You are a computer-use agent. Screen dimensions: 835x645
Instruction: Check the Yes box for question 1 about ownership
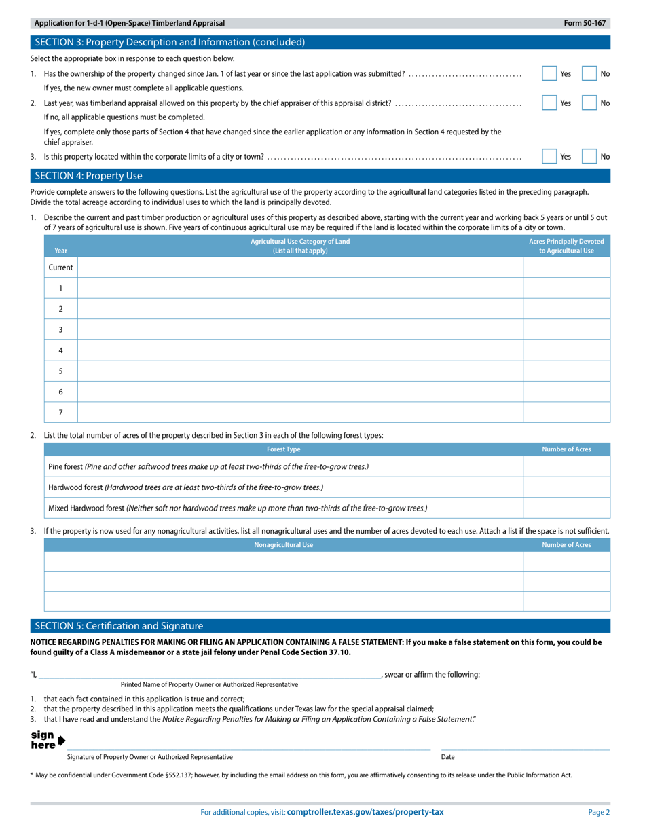pos(549,73)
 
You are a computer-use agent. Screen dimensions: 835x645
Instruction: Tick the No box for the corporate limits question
pos(589,156)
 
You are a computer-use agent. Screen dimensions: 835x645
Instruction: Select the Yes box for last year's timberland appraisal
pos(549,103)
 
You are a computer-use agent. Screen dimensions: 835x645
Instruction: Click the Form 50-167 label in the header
pos(584,23)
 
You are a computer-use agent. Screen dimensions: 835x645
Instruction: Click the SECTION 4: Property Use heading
pos(88,176)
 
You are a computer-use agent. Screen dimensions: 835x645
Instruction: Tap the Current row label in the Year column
pos(60,267)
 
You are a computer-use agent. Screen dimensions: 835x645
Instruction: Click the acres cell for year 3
pos(566,329)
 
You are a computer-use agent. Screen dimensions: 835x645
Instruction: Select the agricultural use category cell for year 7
pos(300,412)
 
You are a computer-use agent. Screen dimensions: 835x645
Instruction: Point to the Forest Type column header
pos(283,449)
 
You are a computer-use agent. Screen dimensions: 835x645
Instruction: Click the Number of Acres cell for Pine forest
pos(566,466)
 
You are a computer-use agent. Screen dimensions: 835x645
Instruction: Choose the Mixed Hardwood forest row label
pos(238,508)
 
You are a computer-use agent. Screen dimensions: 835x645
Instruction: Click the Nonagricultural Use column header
pos(283,544)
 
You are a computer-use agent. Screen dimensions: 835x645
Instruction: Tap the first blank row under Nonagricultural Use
pos(283,561)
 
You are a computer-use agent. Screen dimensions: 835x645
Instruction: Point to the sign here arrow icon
pos(62,740)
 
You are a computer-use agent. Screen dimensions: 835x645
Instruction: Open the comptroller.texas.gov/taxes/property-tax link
pos(365,812)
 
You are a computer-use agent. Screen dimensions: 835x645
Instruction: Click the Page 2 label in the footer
pos(599,812)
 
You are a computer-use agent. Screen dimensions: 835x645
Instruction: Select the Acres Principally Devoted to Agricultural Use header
pos(566,246)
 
